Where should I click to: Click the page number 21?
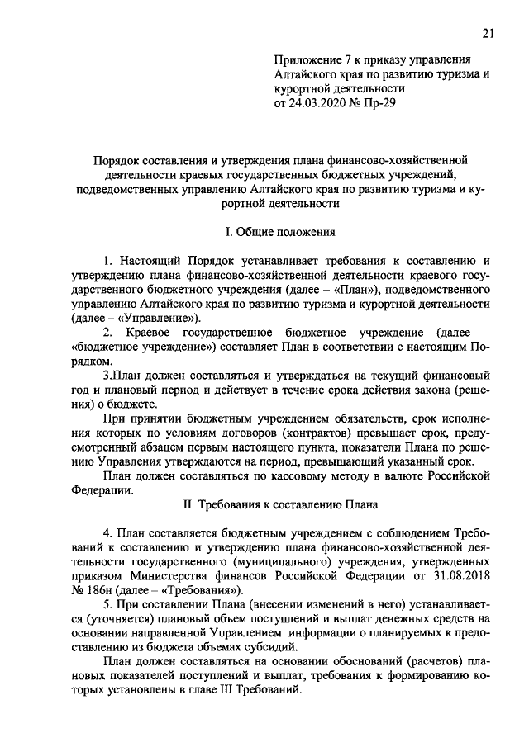487,32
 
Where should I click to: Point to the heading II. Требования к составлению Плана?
263,502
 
